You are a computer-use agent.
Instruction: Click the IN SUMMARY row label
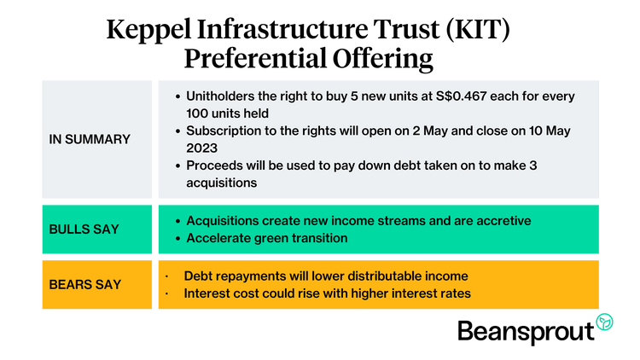pyautogui.click(x=90, y=139)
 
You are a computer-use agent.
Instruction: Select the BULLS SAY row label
pyautogui.click(x=84, y=229)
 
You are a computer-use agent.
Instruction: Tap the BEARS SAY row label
pyautogui.click(x=84, y=284)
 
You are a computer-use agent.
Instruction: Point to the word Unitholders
pyautogui.click(x=226, y=96)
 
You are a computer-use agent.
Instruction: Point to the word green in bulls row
pyautogui.click(x=271, y=238)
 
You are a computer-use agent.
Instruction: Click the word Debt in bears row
pyautogui.click(x=198, y=276)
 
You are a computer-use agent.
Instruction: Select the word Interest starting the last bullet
pyautogui.click(x=207, y=293)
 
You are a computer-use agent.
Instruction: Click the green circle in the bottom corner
pyautogui.click(x=604, y=322)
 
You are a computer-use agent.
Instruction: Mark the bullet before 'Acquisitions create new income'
pyautogui.click(x=175, y=221)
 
